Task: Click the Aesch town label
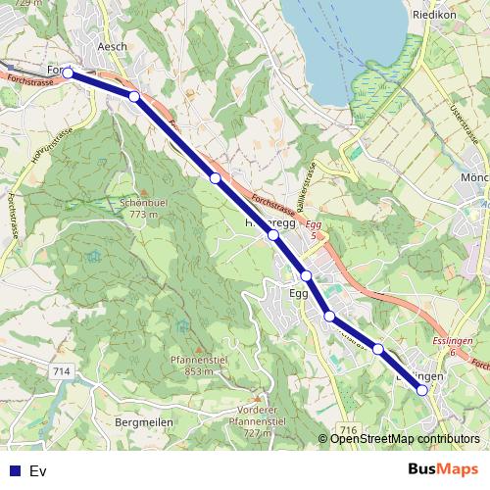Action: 114,47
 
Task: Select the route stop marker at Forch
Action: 69,73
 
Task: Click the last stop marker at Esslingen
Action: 422,390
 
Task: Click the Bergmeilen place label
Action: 144,421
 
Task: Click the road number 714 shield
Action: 63,371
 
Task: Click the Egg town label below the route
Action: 299,293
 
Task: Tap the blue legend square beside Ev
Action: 15,470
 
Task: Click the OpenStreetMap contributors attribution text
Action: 404,439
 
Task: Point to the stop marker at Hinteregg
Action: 273,236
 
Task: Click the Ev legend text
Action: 38,470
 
